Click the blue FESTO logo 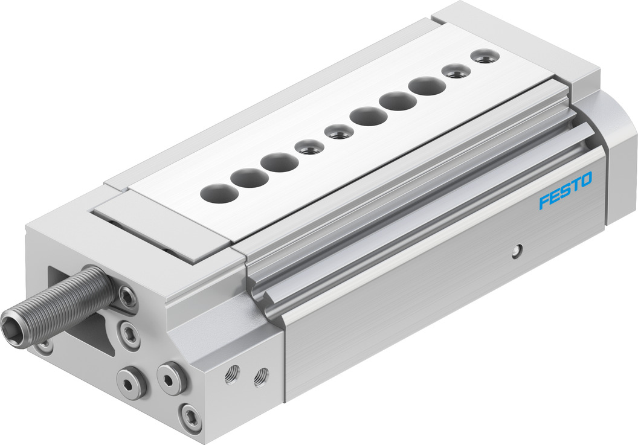[565, 190]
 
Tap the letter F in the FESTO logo [544, 202]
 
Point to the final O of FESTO [586, 179]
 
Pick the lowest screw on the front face [191, 417]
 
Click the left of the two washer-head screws [132, 383]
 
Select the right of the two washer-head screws [172, 379]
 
